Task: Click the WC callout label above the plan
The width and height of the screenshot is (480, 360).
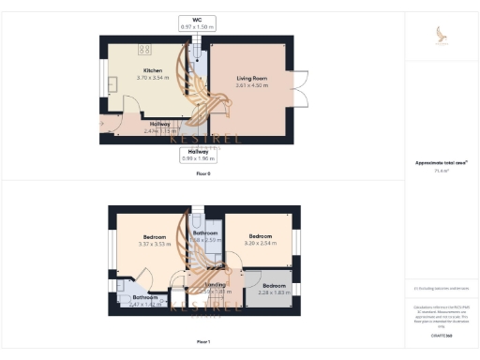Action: (197, 22)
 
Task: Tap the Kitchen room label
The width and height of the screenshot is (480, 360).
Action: (153, 71)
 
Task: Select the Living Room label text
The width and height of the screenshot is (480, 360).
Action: (250, 79)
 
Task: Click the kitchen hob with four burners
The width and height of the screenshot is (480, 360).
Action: (145, 50)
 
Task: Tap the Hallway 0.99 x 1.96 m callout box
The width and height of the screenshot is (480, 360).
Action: (197, 155)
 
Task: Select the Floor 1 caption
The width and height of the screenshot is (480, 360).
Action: (203, 342)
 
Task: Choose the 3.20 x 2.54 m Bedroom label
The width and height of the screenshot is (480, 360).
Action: (260, 239)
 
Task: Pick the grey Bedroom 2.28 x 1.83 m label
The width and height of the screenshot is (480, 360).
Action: (274, 289)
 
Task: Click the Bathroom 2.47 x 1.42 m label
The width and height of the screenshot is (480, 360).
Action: (131, 301)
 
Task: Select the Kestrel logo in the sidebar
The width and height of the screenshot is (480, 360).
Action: (442, 36)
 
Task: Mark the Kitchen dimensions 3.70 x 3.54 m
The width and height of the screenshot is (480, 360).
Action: (153, 78)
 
